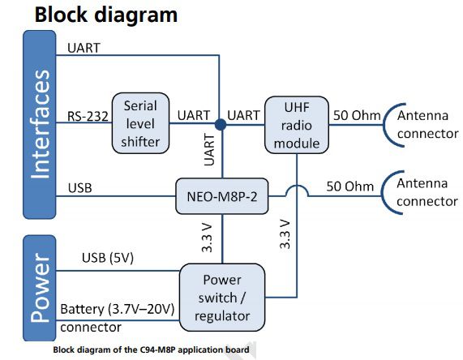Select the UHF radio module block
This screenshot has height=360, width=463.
(297, 125)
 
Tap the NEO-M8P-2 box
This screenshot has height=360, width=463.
(222, 195)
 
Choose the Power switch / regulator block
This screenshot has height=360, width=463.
(221, 297)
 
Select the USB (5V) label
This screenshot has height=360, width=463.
(108, 258)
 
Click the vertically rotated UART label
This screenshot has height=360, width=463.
(208, 152)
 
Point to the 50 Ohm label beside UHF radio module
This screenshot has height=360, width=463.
(356, 115)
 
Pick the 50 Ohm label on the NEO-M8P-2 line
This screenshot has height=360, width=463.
(350, 186)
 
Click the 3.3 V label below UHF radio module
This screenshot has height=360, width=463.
(285, 235)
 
